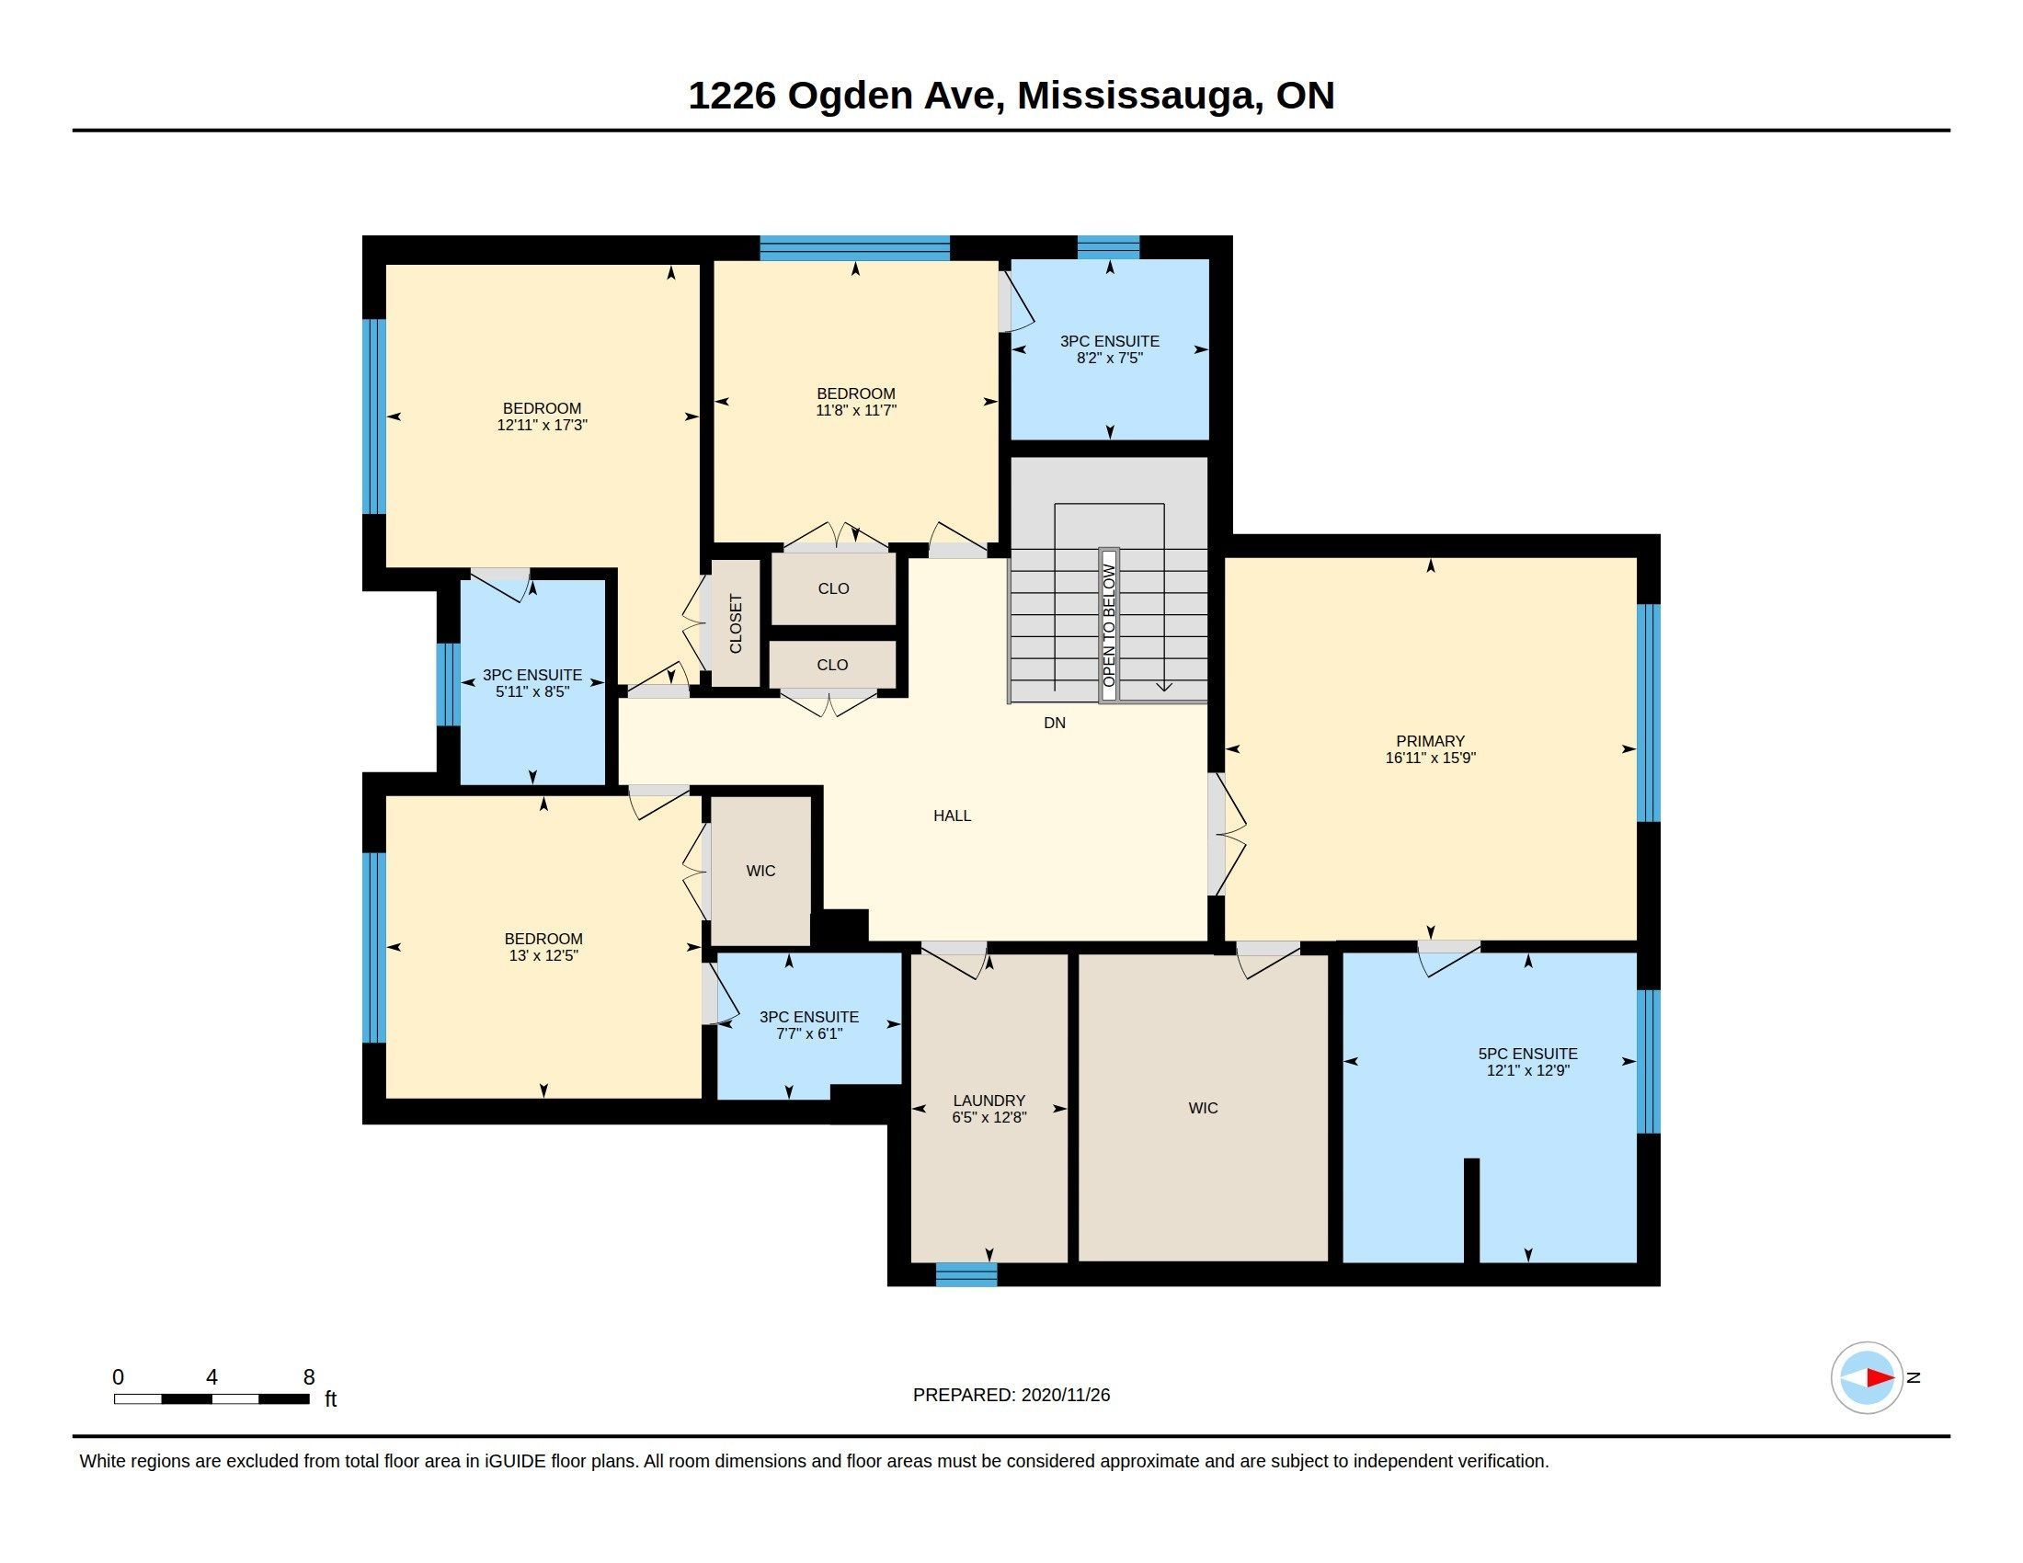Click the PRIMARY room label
tap(1430, 741)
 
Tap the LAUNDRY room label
tap(989, 1100)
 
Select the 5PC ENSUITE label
tap(1527, 1054)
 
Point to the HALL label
tap(953, 816)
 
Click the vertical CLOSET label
tap(736, 623)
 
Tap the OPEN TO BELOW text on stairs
tap(1109, 625)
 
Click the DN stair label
tap(1054, 723)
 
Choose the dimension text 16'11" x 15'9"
tap(1430, 758)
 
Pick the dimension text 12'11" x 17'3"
tap(543, 425)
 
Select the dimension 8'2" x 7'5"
tap(1110, 358)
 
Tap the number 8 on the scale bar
tap(309, 1377)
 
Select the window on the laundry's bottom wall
tap(966, 1274)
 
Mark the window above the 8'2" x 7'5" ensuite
tap(1108, 247)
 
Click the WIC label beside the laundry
tap(1204, 1108)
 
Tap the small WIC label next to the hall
tap(760, 871)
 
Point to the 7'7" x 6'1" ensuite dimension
tap(808, 1033)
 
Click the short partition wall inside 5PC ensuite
tap(1471, 1210)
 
